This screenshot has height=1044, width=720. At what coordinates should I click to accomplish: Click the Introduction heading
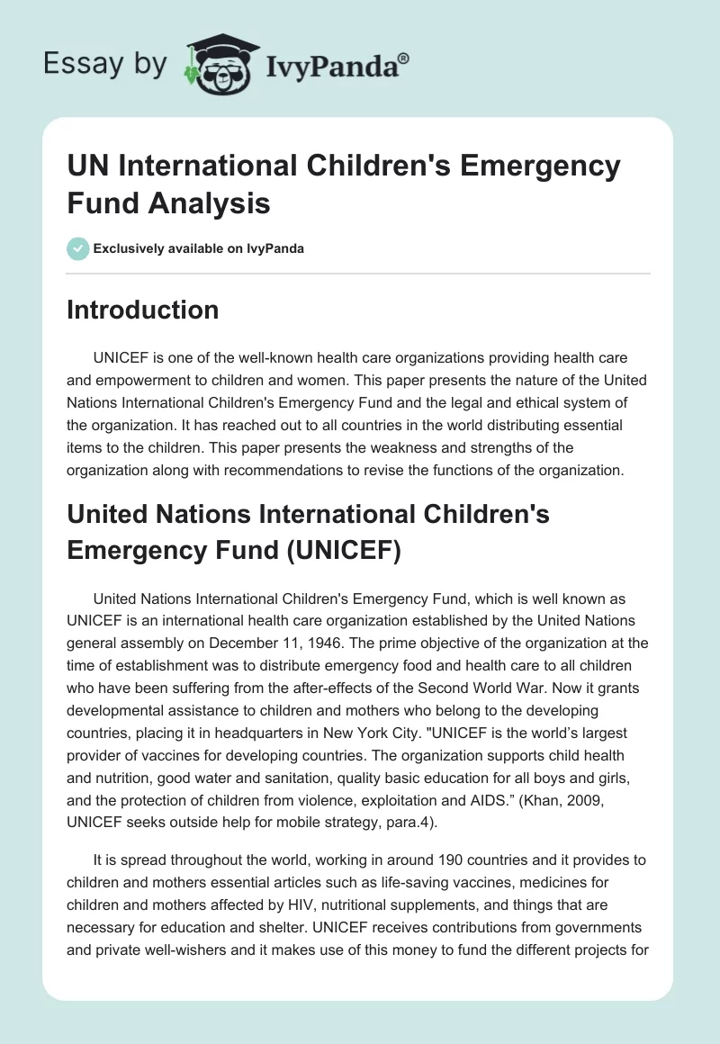coord(142,310)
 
